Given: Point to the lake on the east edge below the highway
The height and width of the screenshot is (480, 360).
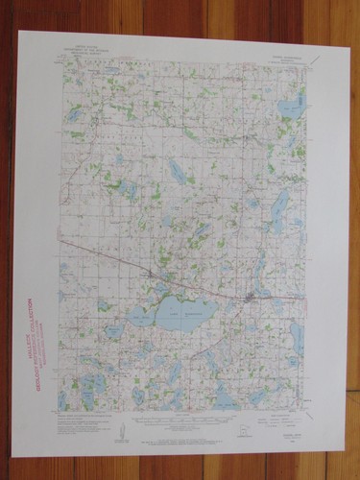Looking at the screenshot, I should [297, 335].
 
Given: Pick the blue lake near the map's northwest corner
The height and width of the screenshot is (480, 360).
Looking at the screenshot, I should [74, 115].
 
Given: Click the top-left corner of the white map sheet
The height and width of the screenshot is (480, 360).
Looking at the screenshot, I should [18, 32].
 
